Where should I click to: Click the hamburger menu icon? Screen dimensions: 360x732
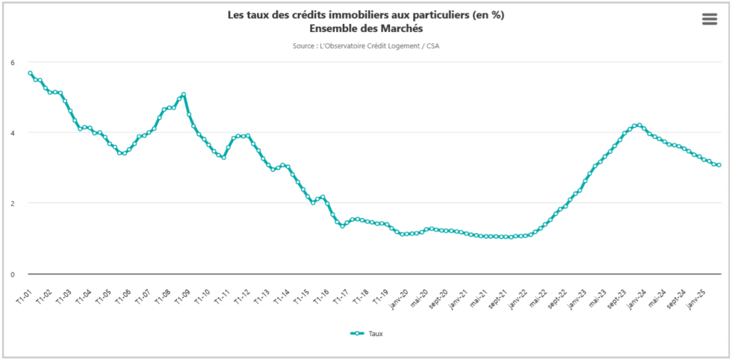point(710,19)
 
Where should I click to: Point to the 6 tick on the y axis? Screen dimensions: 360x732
point(12,62)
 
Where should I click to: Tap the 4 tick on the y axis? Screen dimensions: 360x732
point(12,133)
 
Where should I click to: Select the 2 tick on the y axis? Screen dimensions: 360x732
point(12,203)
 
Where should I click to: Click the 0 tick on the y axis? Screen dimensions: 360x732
point(12,274)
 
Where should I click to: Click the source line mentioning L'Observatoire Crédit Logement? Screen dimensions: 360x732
point(365,46)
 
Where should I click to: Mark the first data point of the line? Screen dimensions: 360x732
point(30,73)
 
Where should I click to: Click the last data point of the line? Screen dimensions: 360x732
point(719,165)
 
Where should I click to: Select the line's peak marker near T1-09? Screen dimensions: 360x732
point(184,95)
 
